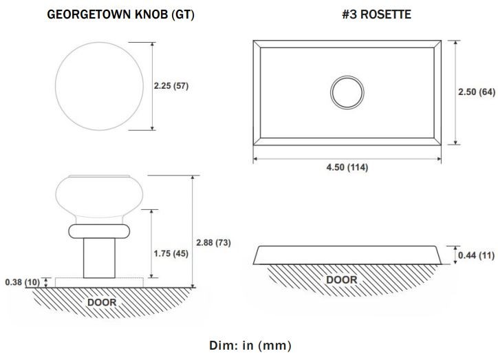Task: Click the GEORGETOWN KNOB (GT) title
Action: (x=120, y=14)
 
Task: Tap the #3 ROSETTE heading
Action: (x=377, y=14)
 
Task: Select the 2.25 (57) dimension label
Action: (x=171, y=86)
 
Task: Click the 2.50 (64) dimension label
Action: (x=477, y=92)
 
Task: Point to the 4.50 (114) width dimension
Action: (x=347, y=167)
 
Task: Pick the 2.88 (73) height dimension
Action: (x=213, y=243)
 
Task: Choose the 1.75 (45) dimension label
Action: (x=171, y=253)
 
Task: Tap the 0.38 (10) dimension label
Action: (x=23, y=282)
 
